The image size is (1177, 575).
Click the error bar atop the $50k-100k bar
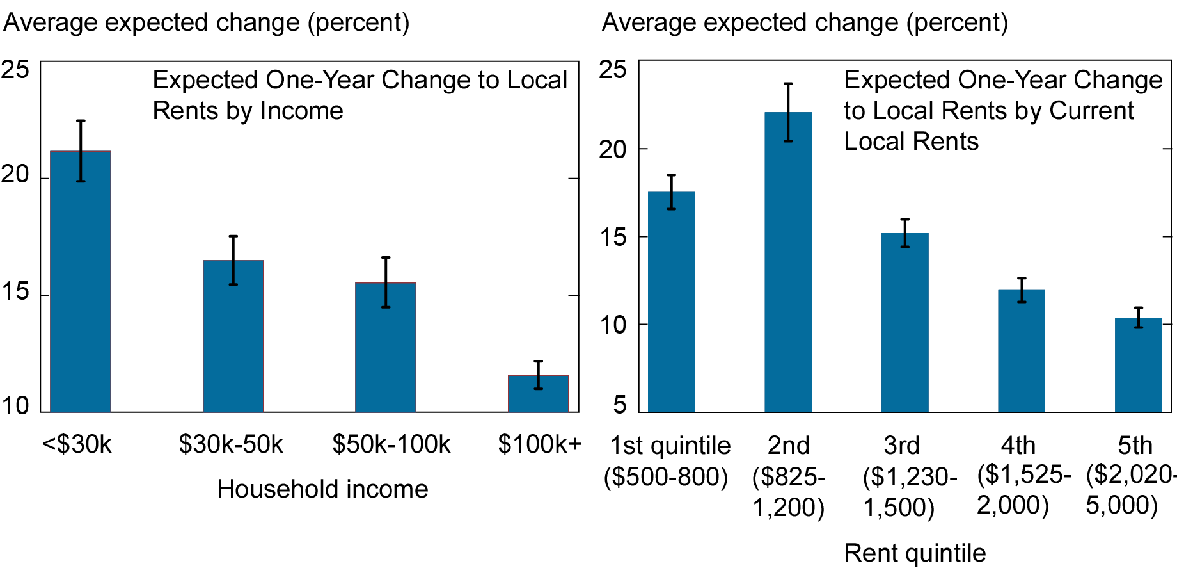tap(386, 282)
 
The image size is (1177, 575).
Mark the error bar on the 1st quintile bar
tap(672, 191)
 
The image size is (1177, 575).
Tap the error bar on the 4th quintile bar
tap(1022, 289)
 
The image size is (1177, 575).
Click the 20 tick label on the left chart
tap(15, 174)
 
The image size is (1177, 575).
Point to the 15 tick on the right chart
tap(613, 238)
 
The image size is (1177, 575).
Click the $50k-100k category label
tap(391, 444)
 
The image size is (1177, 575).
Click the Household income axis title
tap(322, 489)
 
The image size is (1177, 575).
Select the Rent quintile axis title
tap(915, 553)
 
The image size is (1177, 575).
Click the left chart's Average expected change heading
tap(206, 22)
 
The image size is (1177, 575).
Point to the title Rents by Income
tap(248, 111)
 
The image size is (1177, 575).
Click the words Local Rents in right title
tap(911, 142)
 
